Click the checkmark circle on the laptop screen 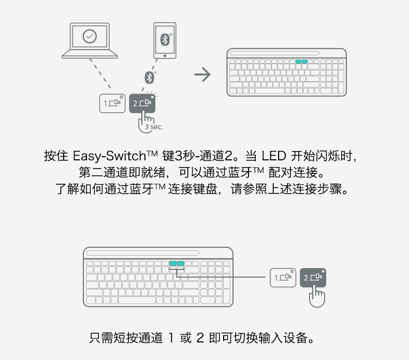click(90, 36)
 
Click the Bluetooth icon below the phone click(149, 77)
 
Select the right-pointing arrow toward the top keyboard click(202, 75)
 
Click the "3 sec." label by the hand click(153, 126)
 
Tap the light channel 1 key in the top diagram click(112, 102)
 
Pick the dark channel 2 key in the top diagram click(142, 102)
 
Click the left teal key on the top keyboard click(299, 62)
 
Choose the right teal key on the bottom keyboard click(181, 263)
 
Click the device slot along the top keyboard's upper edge click(286, 53)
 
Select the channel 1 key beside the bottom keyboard click(283, 277)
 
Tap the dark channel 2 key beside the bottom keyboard click(313, 277)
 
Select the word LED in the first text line click(273, 156)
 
